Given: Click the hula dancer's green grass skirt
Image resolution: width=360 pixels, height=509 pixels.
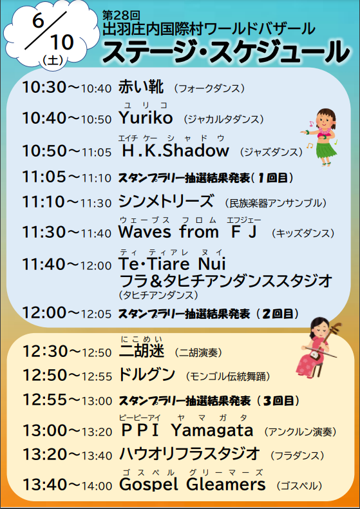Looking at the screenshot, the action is (326, 150).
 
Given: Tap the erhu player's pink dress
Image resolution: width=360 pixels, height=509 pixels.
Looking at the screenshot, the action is (307, 360).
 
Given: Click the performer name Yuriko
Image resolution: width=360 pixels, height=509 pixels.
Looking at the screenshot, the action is (146, 117).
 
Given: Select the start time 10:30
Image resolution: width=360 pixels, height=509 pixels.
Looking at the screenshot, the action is (44, 88).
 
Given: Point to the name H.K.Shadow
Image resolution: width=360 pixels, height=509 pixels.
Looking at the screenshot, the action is (176, 151).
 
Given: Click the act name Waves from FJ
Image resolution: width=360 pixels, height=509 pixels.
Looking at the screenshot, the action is (188, 232).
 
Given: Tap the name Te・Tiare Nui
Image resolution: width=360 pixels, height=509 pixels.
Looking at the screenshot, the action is (172, 264).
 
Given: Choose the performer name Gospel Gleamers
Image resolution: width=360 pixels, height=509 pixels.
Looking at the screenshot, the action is (193, 485).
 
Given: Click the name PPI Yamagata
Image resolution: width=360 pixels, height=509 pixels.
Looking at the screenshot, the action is (187, 430).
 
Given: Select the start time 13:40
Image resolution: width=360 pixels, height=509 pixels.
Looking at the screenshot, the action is (44, 485).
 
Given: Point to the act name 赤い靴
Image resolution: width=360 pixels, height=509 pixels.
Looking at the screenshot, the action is (141, 87).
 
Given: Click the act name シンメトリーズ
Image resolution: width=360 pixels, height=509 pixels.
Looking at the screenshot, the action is (166, 201).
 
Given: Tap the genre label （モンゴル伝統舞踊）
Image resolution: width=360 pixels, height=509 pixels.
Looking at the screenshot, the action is (229, 376).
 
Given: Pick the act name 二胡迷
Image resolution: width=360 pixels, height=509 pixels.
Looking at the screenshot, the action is (142, 351).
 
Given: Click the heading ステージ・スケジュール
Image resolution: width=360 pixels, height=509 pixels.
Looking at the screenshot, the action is (226, 52).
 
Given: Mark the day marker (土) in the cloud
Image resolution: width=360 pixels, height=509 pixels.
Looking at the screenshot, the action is (53, 60).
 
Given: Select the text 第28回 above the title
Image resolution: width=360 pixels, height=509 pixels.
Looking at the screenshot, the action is (121, 15).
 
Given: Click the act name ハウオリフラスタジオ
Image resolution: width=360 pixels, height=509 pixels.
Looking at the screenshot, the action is (190, 454).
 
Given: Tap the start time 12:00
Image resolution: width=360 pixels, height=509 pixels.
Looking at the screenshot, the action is (44, 312).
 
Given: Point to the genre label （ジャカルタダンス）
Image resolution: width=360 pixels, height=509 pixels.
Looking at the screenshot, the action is (223, 119).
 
